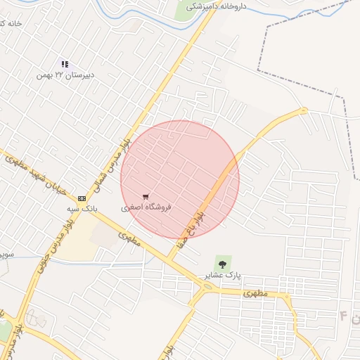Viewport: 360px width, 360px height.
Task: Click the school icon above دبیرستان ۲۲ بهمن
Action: coord(65,64)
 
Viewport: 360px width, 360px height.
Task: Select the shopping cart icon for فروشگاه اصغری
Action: coord(146,197)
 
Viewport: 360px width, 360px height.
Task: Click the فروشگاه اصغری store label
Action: coord(146,207)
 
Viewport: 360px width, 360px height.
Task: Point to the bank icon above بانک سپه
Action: coord(82,199)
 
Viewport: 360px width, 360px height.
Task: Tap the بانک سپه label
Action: coord(82,209)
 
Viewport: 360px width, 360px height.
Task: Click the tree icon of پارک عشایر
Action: coord(223,264)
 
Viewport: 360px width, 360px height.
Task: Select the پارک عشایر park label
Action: coord(223,275)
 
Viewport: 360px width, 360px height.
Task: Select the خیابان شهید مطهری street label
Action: coord(35,169)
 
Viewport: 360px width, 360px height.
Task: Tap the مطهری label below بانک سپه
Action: coord(127,238)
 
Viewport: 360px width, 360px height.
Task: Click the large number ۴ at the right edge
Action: coord(344,316)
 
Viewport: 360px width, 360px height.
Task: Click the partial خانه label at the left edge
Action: coord(10,23)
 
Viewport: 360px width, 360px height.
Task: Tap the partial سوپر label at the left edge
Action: coord(6,252)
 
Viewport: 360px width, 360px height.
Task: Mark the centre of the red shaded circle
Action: coord(180,179)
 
